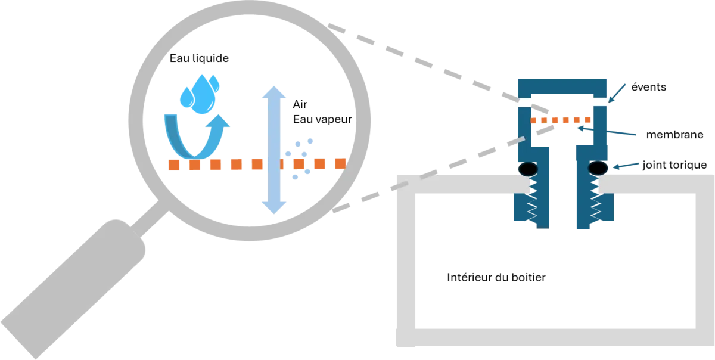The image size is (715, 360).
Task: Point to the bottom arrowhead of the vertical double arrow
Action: [273, 206]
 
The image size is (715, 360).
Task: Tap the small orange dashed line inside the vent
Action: [560, 120]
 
